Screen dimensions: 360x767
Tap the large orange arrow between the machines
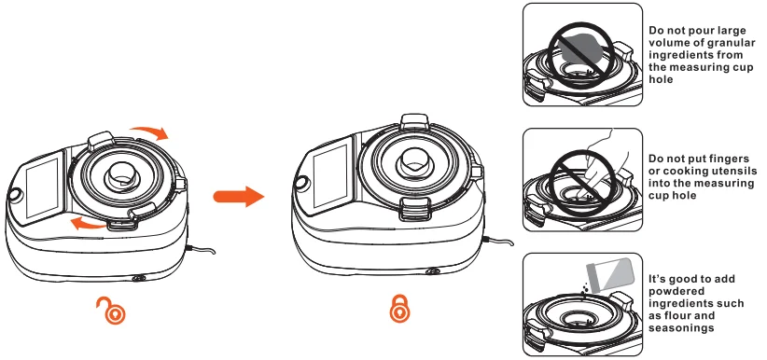[x=238, y=197]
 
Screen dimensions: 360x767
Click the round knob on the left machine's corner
[x=13, y=196]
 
